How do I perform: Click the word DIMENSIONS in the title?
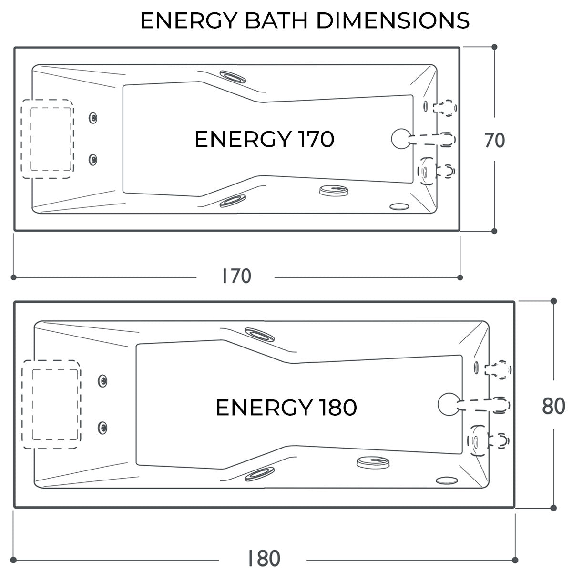tap(393, 20)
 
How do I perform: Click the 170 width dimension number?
tap(236, 276)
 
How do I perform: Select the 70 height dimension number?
tap(494, 141)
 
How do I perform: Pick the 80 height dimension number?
tap(553, 407)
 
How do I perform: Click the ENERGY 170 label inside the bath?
tap(264, 139)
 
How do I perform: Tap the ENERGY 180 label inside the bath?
tap(286, 408)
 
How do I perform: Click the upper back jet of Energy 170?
tap(93, 118)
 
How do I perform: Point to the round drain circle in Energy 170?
tap(399, 138)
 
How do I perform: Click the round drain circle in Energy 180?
tap(447, 403)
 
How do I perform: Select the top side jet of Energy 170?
tap(233, 77)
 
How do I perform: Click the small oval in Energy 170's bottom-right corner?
tap(399, 207)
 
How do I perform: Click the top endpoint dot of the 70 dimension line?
tap(494, 47)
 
